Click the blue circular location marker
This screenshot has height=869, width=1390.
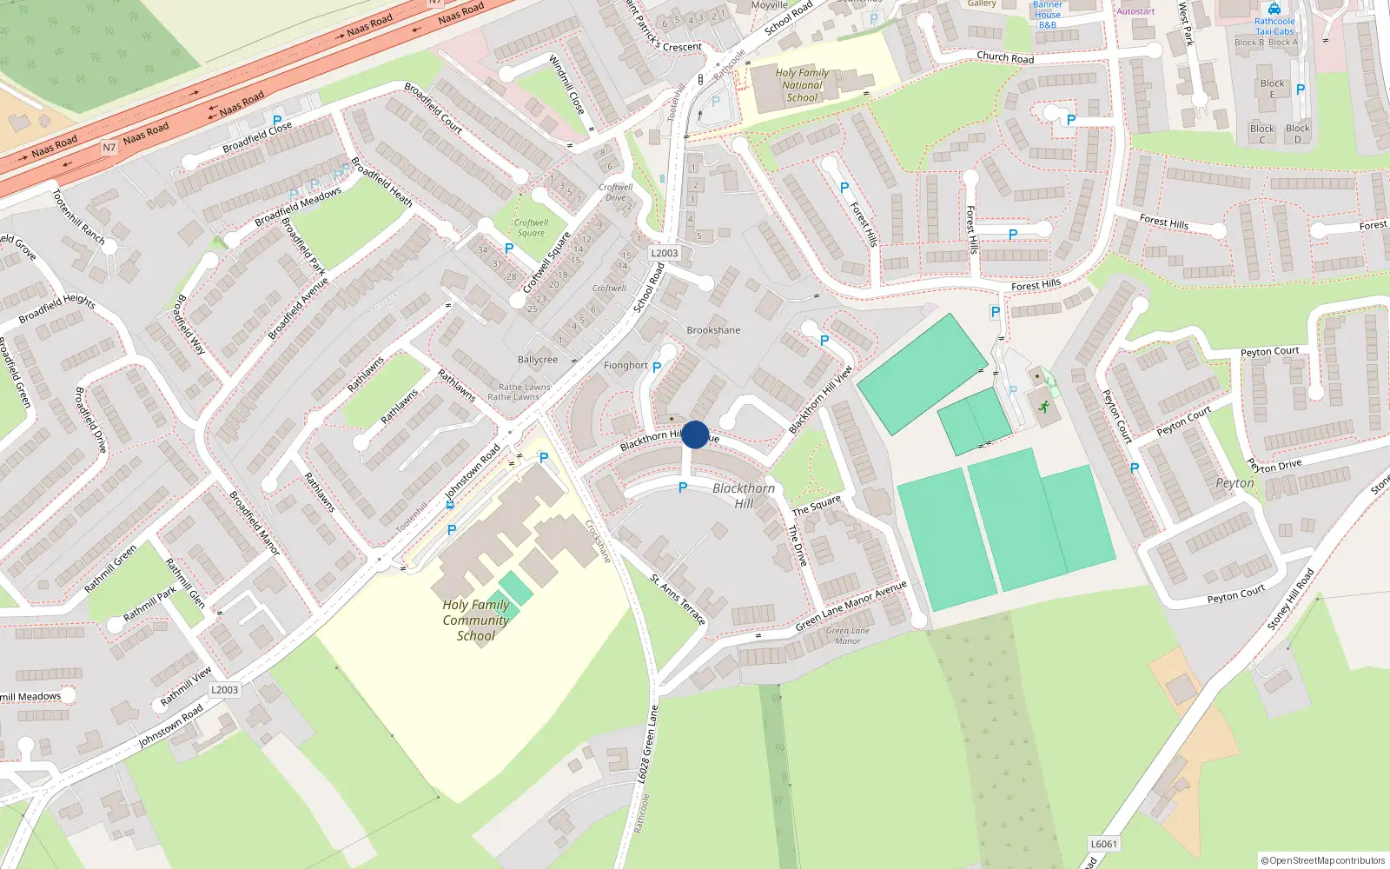point(695,434)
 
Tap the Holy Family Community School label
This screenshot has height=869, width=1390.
point(475,620)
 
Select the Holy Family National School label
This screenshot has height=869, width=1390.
point(802,85)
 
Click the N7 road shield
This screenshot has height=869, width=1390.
point(109,148)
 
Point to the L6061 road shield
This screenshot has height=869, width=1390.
point(1103,844)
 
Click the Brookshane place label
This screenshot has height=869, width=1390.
point(713,330)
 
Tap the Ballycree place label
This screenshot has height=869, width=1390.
point(538,360)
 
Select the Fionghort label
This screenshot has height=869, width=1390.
point(625,366)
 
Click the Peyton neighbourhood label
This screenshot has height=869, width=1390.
point(1234,483)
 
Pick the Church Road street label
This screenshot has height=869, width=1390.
point(1005,57)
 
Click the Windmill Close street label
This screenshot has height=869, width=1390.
point(566,84)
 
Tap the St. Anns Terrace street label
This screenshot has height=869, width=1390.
point(678,599)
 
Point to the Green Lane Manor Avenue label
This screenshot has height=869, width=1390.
point(851,606)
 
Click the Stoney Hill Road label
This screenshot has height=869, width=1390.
point(1291,600)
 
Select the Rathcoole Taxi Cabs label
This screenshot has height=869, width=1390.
point(1274,26)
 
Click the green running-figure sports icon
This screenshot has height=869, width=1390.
point(1043,407)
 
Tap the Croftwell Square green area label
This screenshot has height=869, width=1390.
point(531,228)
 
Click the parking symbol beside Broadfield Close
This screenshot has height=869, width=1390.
point(277,121)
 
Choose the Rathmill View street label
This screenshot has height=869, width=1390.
point(186,687)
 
